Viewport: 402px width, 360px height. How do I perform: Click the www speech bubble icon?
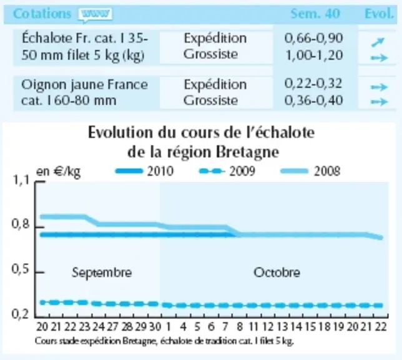pos(96,14)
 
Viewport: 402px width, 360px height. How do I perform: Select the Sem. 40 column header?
pos(315,14)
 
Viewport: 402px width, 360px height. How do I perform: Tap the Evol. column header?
pos(379,14)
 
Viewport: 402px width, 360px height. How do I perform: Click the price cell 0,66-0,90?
pos(313,38)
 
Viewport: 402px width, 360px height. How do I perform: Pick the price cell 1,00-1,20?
pos(315,55)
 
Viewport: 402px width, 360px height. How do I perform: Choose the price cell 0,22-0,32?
pos(313,84)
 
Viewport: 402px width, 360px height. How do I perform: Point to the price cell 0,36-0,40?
pos(313,101)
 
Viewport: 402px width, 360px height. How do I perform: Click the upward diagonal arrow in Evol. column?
pos(378,42)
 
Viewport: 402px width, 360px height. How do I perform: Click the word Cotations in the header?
pos(42,14)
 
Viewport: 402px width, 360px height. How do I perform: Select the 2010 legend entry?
pos(145,171)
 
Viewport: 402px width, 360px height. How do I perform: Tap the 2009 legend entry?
pos(227,171)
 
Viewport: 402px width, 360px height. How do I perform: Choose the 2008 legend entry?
pos(310,171)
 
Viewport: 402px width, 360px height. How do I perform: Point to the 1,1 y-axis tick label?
pos(21,181)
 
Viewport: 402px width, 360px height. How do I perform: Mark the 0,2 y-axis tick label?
pos(20,314)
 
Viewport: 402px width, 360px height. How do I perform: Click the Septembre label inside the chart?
pos(102,272)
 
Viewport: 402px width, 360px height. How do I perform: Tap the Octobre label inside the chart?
pos(277,272)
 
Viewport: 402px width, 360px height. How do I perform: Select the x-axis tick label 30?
pos(155,327)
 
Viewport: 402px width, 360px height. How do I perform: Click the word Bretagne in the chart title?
pos(247,152)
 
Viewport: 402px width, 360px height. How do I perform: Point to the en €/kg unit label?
pos(59,172)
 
